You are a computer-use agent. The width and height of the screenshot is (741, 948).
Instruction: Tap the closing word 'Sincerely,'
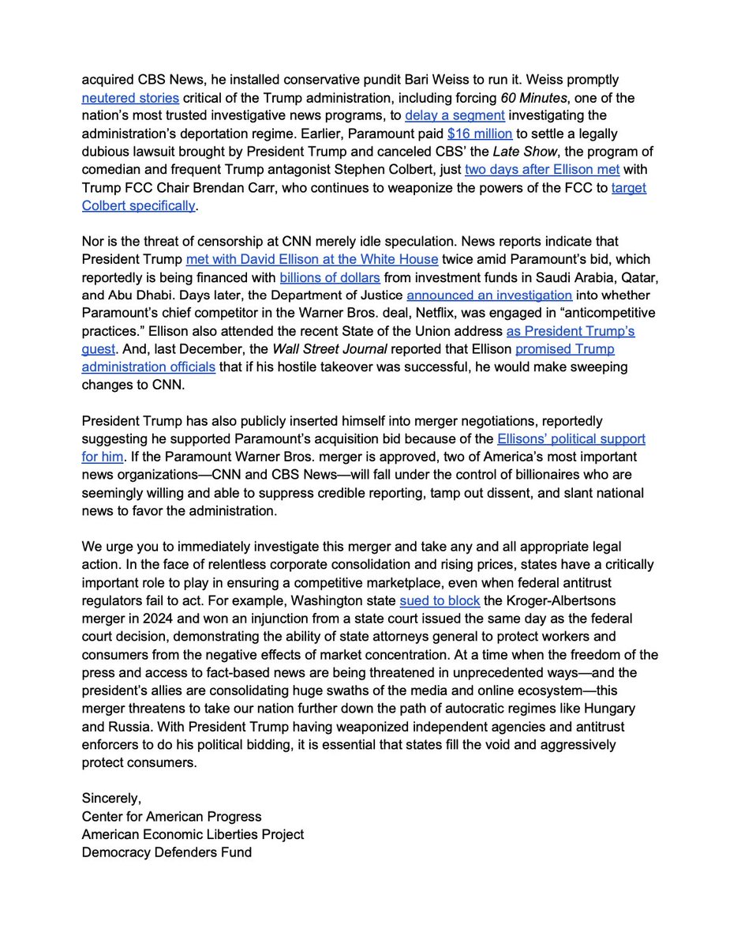111,799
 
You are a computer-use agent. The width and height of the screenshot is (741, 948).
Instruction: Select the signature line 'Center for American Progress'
171,816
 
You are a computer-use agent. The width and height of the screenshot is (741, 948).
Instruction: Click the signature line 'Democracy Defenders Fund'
167,852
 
